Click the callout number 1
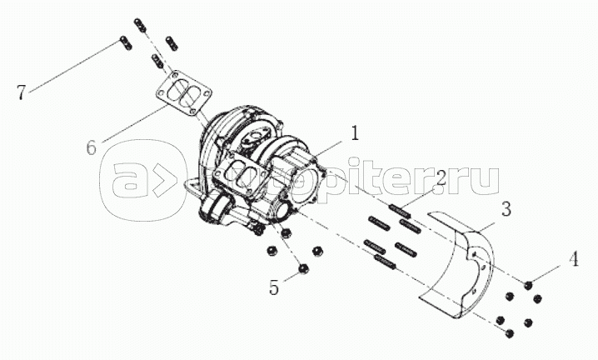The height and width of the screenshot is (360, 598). point(355,133)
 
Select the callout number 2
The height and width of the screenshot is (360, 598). point(441,177)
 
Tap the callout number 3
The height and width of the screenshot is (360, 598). point(506,210)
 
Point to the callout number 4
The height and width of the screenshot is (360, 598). point(574,259)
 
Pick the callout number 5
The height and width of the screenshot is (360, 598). point(274,287)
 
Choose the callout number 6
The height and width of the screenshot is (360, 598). point(92,147)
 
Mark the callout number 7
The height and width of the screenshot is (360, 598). point(22,92)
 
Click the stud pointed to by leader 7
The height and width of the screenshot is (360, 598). point(126,42)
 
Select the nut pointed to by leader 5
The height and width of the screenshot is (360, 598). point(303,269)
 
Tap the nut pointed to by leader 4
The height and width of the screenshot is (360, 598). point(528,284)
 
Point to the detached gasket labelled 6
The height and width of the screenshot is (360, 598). point(183,94)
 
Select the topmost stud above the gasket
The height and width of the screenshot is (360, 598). point(140,26)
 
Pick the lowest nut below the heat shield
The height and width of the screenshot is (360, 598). point(508,333)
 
